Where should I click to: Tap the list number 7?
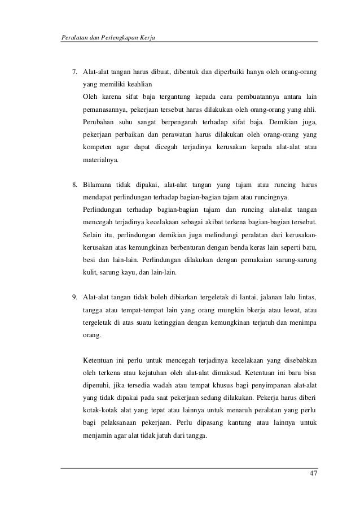tap(73, 73)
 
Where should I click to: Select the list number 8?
tap(73, 185)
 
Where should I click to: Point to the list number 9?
tap(73, 297)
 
